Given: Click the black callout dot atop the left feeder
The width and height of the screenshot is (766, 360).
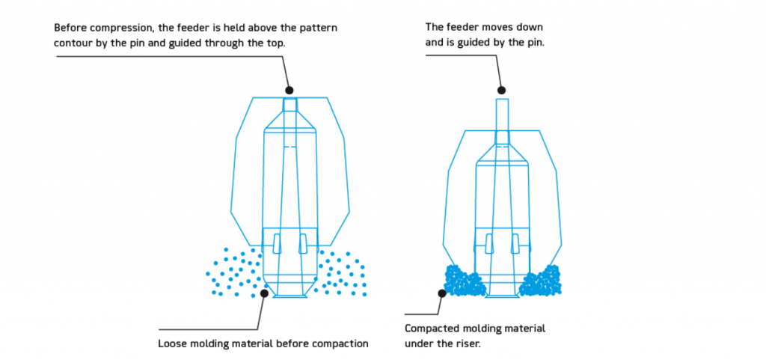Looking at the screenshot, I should pos(289,90).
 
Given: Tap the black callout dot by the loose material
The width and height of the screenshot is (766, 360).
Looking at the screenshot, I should pos(264,294).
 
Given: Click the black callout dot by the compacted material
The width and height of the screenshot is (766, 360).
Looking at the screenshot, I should pos(442,293).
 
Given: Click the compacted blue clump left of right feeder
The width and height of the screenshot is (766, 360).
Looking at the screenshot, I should pos(464,281).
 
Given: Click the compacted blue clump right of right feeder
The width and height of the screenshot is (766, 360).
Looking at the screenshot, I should pos(541,281).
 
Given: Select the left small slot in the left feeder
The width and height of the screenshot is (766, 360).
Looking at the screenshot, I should pos(278,242).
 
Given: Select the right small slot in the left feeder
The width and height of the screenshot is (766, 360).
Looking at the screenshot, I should pos(302,242).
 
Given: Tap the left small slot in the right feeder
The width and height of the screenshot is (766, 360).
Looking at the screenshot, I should pos(489,242).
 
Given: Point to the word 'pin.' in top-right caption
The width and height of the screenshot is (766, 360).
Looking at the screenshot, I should pos(535,42).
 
